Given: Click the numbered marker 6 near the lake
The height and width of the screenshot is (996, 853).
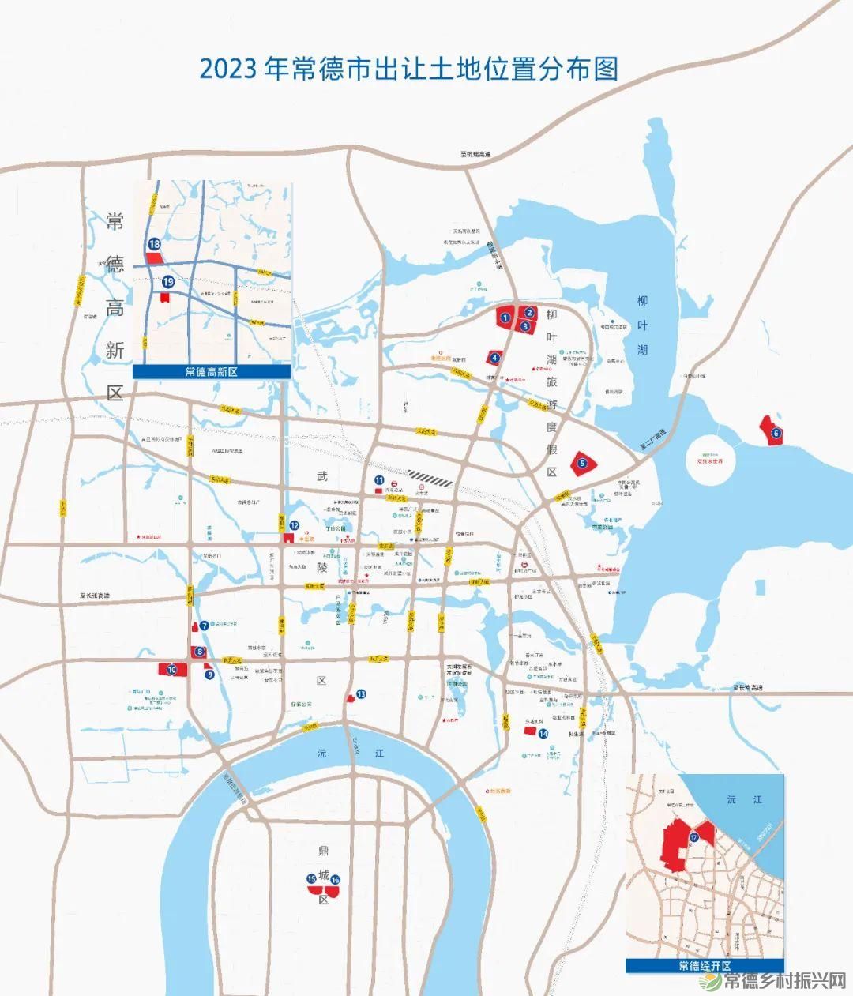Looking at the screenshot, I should [x=776, y=432].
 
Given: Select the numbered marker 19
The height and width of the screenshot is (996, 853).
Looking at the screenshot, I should [x=168, y=282].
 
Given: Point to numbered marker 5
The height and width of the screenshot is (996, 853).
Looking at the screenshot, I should [x=582, y=464].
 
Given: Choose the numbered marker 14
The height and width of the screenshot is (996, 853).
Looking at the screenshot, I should [x=543, y=734].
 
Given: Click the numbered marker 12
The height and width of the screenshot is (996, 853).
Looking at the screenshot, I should [x=294, y=525].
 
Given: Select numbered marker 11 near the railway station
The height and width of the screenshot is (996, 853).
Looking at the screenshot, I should [x=380, y=479].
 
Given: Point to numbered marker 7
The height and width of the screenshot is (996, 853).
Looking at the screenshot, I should [x=205, y=625].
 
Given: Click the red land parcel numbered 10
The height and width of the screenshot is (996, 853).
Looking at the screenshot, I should [x=171, y=669].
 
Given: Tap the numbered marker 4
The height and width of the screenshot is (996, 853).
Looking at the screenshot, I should [x=494, y=357].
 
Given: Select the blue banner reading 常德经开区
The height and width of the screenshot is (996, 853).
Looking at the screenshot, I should [x=705, y=966].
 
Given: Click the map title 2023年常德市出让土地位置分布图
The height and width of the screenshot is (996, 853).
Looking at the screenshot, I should [x=408, y=69].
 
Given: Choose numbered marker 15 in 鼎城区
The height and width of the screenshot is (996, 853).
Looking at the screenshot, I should [x=312, y=878].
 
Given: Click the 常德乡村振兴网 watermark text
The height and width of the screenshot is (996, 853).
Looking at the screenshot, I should [x=786, y=981].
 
